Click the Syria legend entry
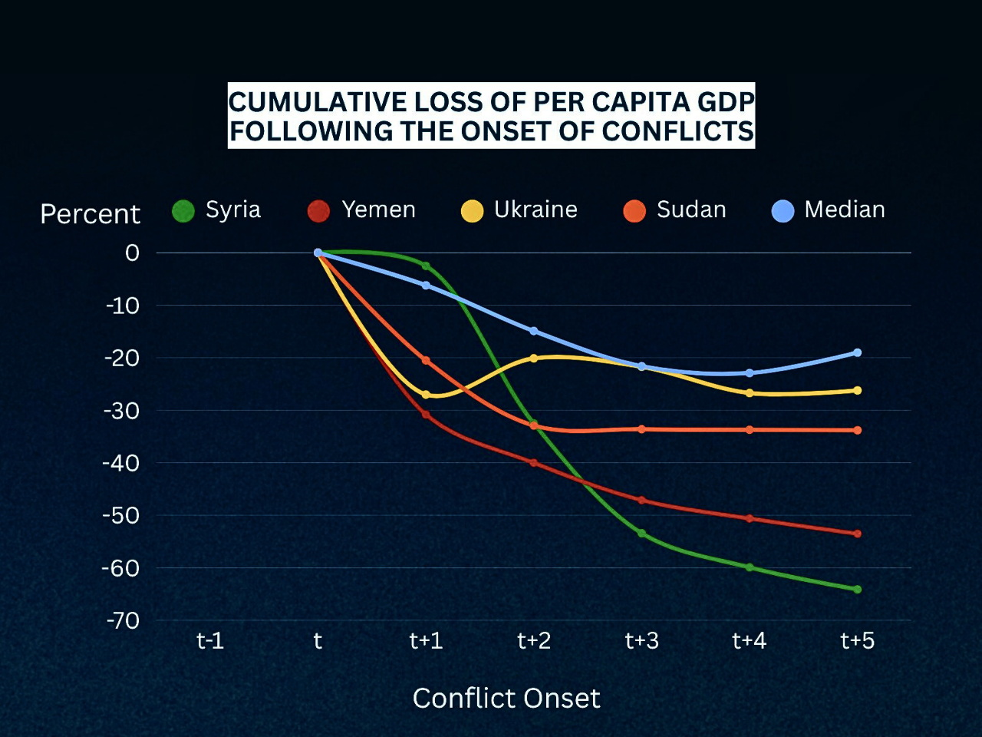[217, 210]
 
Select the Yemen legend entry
[361, 210]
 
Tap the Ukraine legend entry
[519, 210]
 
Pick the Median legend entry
[829, 210]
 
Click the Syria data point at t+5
[857, 590]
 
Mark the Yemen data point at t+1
[426, 415]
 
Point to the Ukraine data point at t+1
[426, 395]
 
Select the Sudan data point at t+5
[857, 430]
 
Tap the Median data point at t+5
[857, 353]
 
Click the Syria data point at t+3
[641, 533]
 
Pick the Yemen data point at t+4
[750, 518]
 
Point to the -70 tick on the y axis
[123, 620]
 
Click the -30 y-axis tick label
[123, 411]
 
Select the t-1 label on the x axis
[210, 640]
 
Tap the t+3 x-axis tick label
[641, 640]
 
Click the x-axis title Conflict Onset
[506, 698]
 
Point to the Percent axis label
[90, 214]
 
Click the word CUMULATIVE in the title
[318, 101]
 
